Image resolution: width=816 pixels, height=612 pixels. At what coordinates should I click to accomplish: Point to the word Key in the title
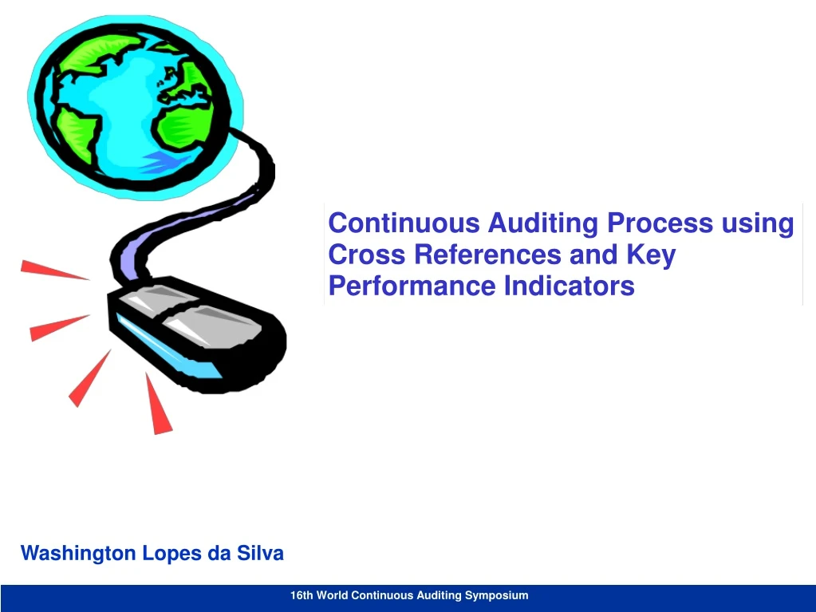(651, 255)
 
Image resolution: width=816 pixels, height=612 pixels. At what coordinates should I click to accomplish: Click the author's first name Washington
(78, 553)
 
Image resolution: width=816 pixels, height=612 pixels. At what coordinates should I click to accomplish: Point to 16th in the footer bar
(302, 595)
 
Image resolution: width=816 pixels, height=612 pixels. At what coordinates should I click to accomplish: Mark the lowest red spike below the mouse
(159, 405)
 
